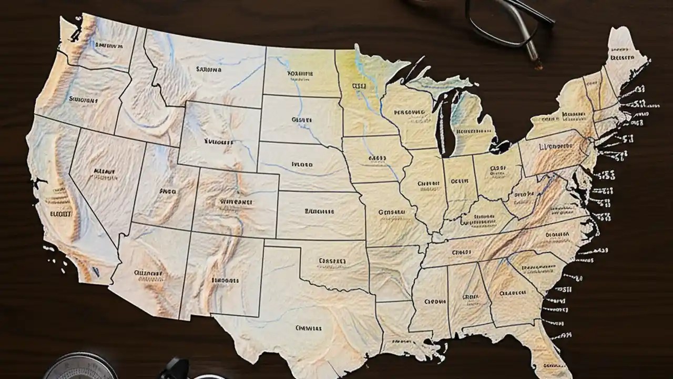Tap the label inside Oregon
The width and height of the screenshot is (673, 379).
[x=83, y=98]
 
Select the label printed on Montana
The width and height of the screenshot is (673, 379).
[x=209, y=69]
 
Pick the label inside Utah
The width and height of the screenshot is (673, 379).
[x=167, y=192]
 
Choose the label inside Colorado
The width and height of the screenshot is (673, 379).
[x=236, y=202]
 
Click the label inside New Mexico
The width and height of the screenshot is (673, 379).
[x=225, y=280]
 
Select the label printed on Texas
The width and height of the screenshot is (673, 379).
[x=308, y=328]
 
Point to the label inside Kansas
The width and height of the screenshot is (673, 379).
[x=319, y=212]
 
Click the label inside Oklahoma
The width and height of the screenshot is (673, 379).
[x=332, y=261]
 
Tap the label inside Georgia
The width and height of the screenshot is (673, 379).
[x=513, y=292]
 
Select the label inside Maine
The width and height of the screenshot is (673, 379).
[x=622, y=56]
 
